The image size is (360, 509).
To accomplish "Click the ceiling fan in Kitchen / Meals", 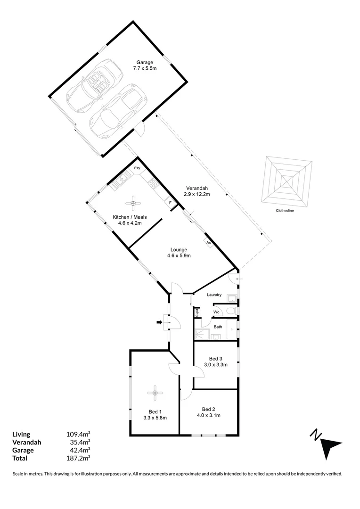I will click(133, 203).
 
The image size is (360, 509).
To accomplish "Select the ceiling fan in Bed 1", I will click(155, 391).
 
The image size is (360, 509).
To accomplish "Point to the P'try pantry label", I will click(137, 168).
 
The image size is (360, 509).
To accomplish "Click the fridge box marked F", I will click(170, 203).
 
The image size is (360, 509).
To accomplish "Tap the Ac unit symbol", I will click(208, 242).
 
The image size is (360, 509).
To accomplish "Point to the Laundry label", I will click(214, 295).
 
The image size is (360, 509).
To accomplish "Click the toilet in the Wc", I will click(230, 311).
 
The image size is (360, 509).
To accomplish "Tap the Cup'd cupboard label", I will click(197, 312).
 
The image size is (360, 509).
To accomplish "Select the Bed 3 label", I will click(216, 358).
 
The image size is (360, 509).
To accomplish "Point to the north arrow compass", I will click(327, 442).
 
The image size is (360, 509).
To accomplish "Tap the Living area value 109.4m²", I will click(78, 434).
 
